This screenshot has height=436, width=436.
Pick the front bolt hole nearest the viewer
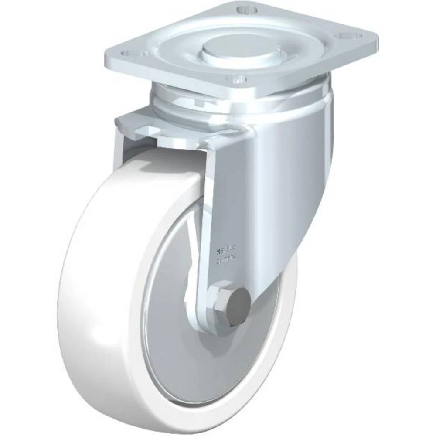click(234, 80)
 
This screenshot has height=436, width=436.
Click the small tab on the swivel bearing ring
click(201, 104)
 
